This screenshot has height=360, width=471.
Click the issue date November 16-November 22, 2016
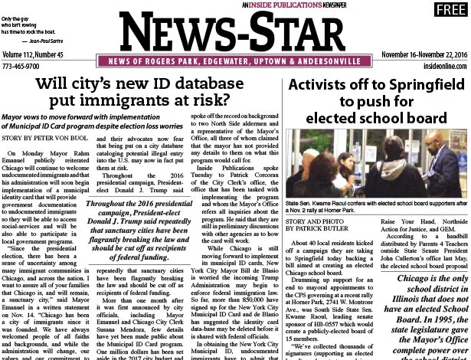click(x=424, y=56)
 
